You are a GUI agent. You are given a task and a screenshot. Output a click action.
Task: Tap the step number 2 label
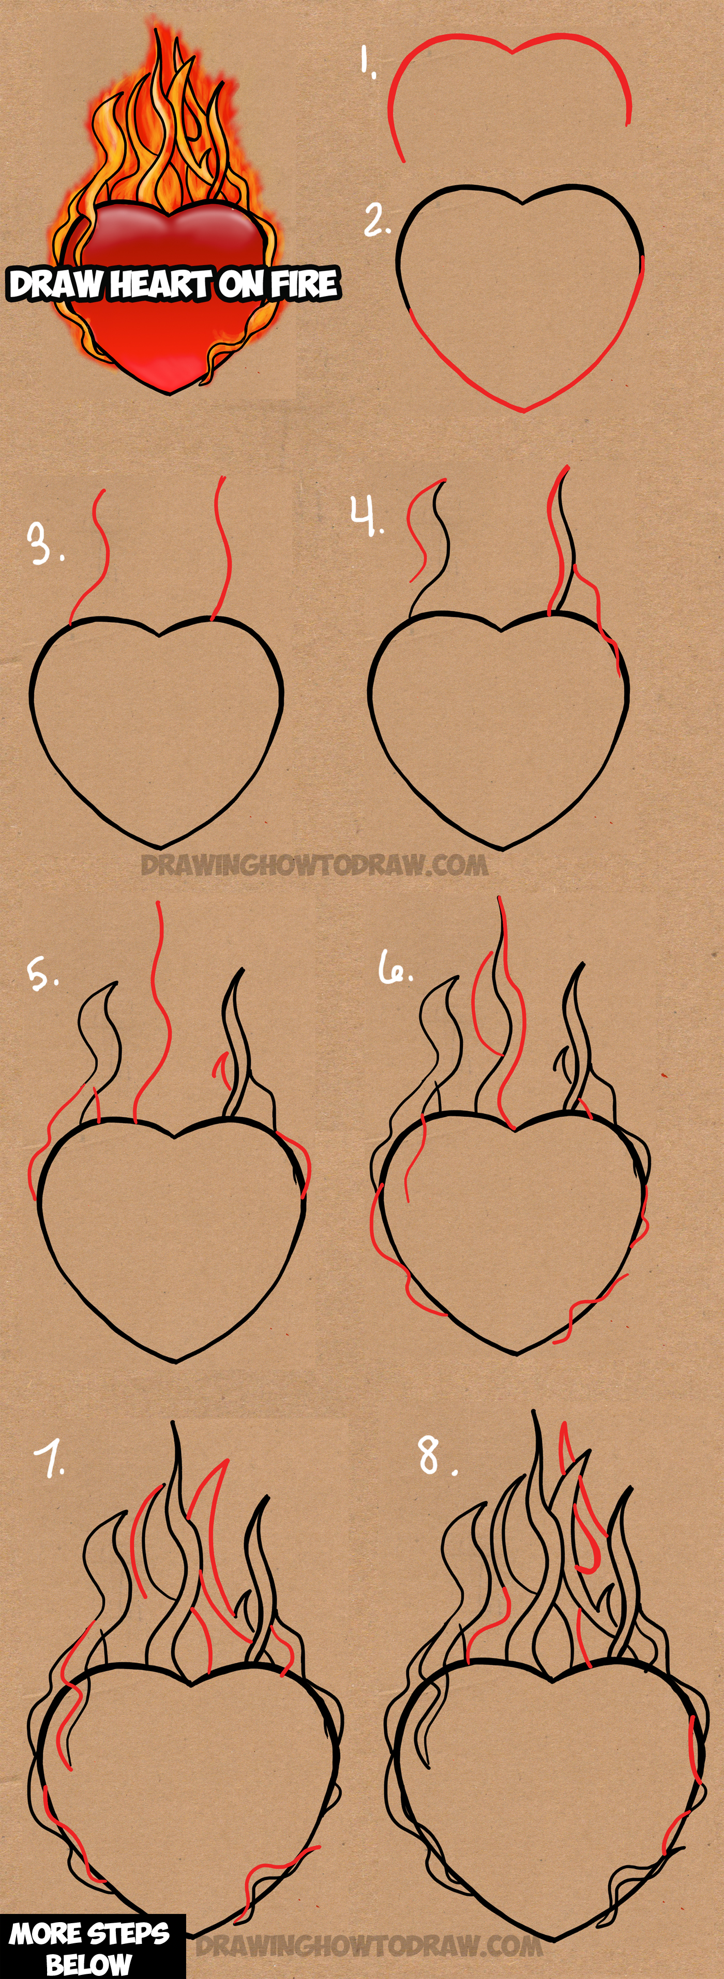coord(376,221)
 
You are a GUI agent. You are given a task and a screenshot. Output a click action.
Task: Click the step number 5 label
coord(42,974)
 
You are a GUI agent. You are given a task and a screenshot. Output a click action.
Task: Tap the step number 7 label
coord(51,1458)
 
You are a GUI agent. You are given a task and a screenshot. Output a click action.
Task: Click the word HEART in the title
coord(161,284)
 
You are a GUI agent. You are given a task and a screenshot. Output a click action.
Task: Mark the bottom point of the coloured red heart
coord(171,392)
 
